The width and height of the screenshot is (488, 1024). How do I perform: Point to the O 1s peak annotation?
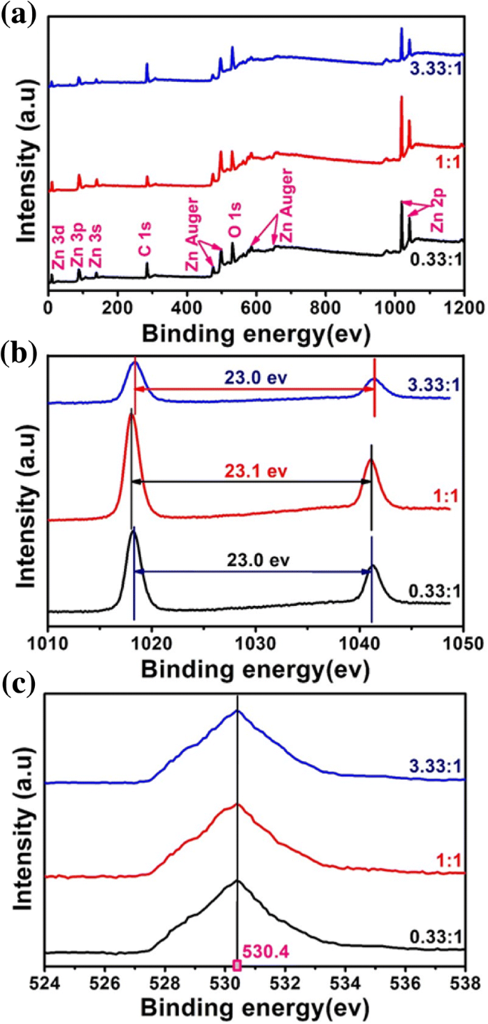click(x=234, y=221)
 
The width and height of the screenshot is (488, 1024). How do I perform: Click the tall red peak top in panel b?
click(x=131, y=413)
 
